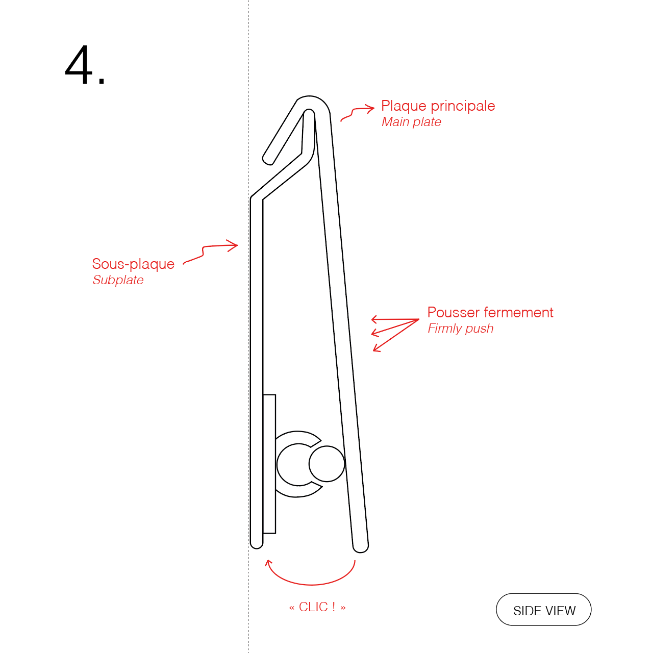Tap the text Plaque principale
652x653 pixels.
438,106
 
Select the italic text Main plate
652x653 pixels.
411,122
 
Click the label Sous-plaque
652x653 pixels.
133,264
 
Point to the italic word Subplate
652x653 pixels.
118,280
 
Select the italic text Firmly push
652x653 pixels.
461,329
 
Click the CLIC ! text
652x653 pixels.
317,607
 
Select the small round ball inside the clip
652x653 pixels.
327,464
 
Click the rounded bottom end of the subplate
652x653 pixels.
257,543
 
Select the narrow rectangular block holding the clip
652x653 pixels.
269,464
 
